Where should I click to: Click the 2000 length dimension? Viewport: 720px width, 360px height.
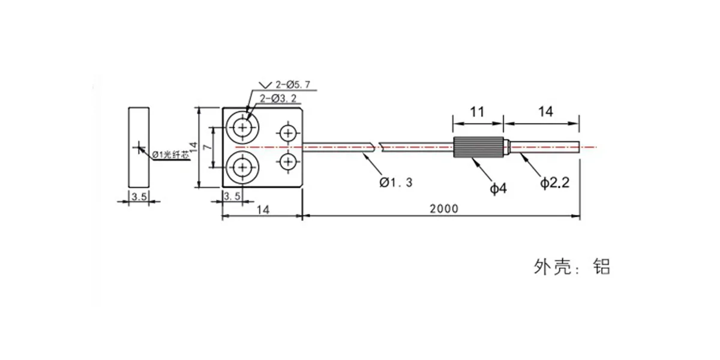coord(444,209)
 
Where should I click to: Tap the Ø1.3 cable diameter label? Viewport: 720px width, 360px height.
coord(395,182)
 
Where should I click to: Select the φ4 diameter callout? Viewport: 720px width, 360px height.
coord(498,188)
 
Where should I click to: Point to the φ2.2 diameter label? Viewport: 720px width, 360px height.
coord(554,182)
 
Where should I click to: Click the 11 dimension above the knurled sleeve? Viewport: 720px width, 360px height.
coord(477,112)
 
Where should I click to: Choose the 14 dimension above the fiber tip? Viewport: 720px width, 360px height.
coord(545,112)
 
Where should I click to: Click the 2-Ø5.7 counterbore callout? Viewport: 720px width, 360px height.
coord(293,85)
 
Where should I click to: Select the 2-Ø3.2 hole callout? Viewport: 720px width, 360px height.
coord(278,98)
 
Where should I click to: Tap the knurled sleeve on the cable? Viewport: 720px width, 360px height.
coord(478,147)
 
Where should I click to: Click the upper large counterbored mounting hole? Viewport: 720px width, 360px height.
coord(242,128)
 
